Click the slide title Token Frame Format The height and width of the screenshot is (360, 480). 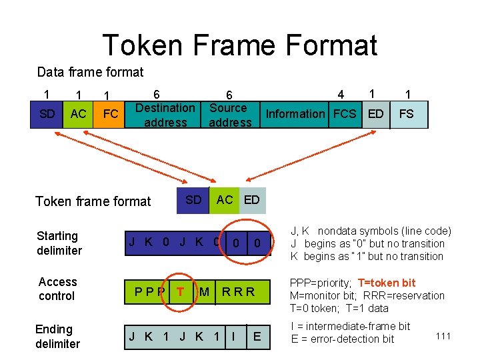(x=240, y=45)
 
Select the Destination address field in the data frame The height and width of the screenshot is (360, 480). (x=165, y=115)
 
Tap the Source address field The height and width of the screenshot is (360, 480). (x=229, y=115)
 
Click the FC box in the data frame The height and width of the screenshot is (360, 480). (x=111, y=114)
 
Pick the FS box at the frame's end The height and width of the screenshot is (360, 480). (x=406, y=114)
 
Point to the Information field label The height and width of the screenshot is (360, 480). (x=295, y=114)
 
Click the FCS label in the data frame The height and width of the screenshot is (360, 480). (x=345, y=114)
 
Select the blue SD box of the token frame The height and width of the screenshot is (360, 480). (x=193, y=200)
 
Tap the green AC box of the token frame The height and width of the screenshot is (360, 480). (x=225, y=200)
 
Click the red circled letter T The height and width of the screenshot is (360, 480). (x=181, y=291)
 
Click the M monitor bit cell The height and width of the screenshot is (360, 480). (x=205, y=291)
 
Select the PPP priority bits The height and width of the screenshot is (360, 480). (x=149, y=291)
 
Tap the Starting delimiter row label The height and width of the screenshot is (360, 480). (x=59, y=243)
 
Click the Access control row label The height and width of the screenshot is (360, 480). (x=57, y=289)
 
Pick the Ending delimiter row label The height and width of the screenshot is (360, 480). (x=57, y=337)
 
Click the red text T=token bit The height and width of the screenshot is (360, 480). (x=387, y=283)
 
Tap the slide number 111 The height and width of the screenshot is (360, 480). (x=443, y=336)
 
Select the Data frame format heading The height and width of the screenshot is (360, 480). (x=90, y=72)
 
